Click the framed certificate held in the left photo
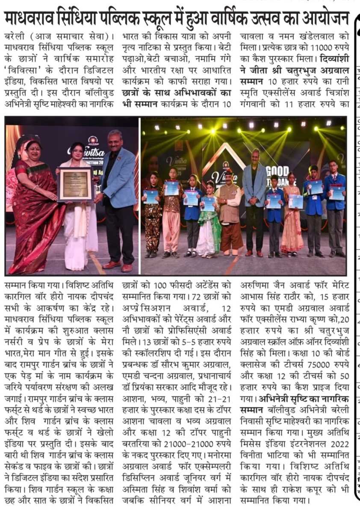pyautogui.click(x=76, y=184)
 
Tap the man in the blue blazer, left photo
pyautogui.click(x=118, y=197)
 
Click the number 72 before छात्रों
pyautogui.click(x=197, y=295)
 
